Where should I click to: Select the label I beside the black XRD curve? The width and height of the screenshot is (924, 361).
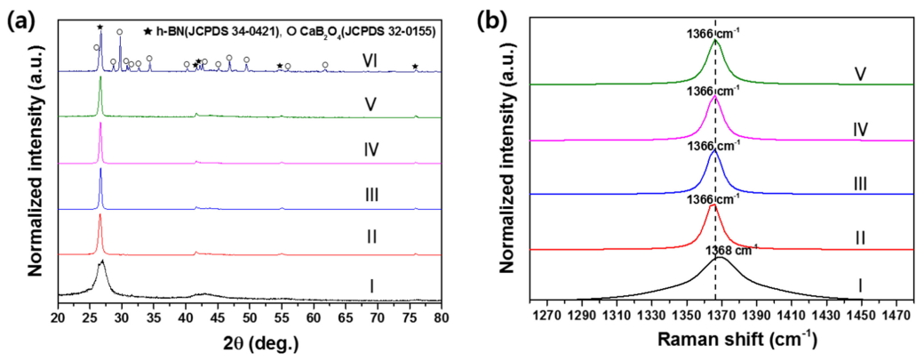click(371, 285)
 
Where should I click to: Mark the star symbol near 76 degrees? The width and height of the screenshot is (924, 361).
click(416, 67)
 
